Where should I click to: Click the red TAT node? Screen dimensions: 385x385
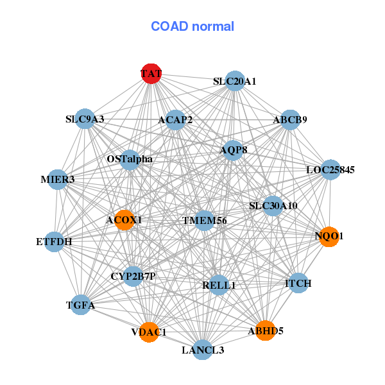(x=151, y=73)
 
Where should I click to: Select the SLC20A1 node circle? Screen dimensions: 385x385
(x=235, y=81)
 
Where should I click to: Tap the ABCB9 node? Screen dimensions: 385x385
(x=290, y=119)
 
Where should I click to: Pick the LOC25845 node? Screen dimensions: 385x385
(x=330, y=170)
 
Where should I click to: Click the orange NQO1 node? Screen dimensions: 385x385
(x=329, y=236)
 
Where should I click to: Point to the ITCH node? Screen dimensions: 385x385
(x=298, y=283)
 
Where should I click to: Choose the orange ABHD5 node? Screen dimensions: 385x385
(x=265, y=330)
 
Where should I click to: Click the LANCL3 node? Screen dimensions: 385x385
(x=203, y=350)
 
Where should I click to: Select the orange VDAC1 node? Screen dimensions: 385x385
(x=149, y=332)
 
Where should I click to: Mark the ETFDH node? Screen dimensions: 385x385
(x=55, y=242)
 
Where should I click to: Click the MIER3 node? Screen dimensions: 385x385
(x=58, y=180)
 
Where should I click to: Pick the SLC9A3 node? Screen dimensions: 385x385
(x=85, y=119)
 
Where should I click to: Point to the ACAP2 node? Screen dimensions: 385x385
(x=175, y=119)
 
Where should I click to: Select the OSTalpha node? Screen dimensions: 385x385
(x=130, y=158)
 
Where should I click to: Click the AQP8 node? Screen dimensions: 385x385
(x=233, y=150)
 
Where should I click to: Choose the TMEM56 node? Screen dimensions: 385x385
(x=204, y=221)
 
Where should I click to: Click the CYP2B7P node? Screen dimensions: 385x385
(x=133, y=277)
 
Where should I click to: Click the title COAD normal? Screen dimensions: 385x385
(x=193, y=26)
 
